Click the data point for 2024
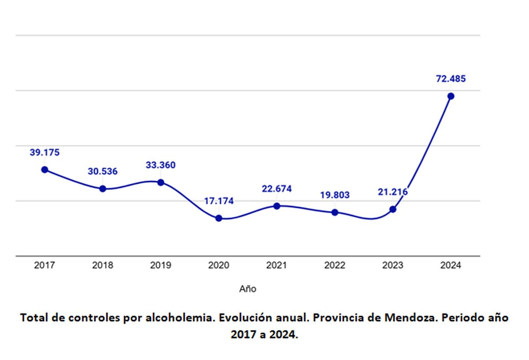[x=451, y=96]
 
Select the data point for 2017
[x=45, y=170]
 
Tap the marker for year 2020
[x=219, y=218]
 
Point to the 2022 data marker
[x=335, y=212]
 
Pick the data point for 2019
[x=160, y=182]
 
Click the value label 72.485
[x=451, y=79]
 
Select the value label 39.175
[x=45, y=153]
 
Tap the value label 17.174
[x=219, y=201]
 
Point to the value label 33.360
[x=160, y=166]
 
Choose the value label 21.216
[x=392, y=192]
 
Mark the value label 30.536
[x=103, y=172]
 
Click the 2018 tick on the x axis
[x=103, y=266]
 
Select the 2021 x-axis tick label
[x=276, y=266]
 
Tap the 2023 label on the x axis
[x=392, y=266]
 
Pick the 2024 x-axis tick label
[x=451, y=266]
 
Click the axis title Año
[x=248, y=289]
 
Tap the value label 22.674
[x=276, y=189]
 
